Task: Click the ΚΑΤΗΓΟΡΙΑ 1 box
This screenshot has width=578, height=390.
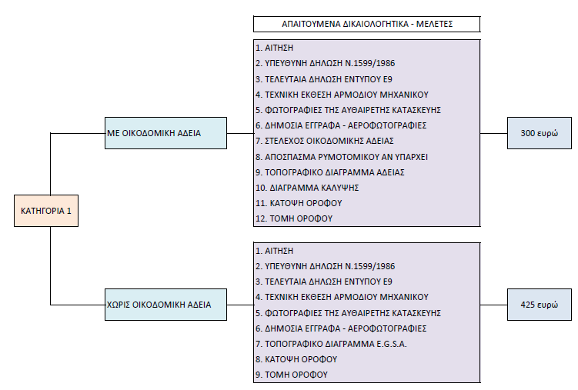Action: [46, 211]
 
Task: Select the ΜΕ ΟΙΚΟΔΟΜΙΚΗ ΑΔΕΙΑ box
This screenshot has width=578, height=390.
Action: [166, 133]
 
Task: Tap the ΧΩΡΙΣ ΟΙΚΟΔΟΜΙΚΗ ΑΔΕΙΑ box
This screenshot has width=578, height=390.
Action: [166, 305]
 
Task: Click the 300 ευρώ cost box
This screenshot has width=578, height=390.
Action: [540, 133]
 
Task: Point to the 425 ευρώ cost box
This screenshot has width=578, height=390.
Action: [540, 305]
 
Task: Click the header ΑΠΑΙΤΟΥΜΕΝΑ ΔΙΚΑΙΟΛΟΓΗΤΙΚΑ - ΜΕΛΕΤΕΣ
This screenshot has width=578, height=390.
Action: [367, 24]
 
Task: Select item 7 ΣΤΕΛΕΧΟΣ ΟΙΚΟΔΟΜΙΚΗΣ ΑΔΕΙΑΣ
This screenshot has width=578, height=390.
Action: [325, 141]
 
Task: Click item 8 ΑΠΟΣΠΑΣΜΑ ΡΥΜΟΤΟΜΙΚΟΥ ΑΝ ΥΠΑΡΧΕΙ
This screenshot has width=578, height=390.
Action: [342, 157]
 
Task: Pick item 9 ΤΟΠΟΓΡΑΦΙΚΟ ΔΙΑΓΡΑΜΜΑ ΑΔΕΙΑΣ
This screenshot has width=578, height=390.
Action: [330, 172]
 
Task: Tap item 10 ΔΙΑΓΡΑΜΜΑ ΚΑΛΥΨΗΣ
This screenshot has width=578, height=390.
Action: [307, 188]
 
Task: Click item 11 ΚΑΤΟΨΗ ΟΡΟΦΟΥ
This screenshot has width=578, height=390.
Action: [299, 203]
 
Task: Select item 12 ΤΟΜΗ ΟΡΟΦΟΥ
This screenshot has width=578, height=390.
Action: [294, 218]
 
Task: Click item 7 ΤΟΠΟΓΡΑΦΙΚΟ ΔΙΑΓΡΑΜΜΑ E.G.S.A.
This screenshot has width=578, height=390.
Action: [331, 344]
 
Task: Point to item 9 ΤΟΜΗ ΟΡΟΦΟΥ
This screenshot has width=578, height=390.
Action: [292, 375]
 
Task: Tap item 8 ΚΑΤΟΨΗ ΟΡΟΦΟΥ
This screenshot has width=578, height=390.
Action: [296, 359]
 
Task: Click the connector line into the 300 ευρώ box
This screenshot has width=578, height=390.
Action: [494, 133]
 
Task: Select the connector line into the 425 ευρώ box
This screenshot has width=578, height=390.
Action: [494, 305]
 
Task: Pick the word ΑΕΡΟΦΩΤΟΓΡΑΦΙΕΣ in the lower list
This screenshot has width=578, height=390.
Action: [387, 328]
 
